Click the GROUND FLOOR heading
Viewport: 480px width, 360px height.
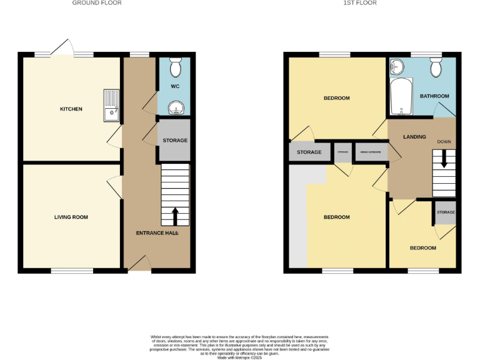(97, 3)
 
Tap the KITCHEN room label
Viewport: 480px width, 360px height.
(71, 109)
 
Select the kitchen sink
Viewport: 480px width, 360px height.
(112, 104)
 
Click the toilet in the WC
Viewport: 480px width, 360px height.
(175, 66)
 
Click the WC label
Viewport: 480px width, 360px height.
(174, 86)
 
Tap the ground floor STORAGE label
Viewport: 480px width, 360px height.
(175, 141)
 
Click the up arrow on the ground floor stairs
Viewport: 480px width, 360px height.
(175, 216)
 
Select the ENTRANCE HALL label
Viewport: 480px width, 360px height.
(157, 233)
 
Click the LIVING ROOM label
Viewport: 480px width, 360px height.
(71, 217)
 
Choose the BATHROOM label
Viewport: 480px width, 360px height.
(434, 96)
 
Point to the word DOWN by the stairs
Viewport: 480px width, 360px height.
(444, 142)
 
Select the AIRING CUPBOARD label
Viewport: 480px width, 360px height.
(371, 152)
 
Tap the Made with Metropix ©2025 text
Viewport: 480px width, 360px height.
(240, 357)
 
